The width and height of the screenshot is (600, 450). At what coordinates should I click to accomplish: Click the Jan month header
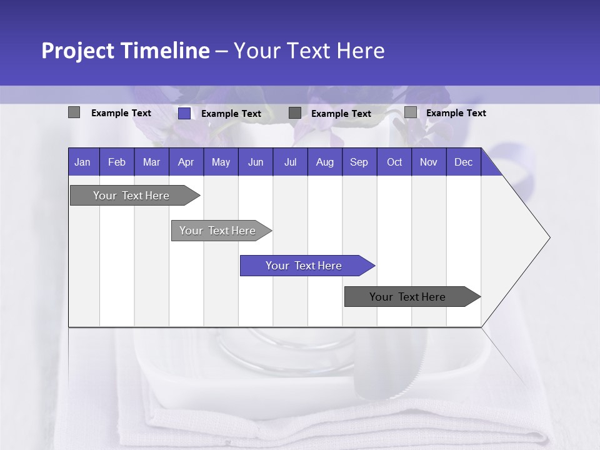[x=83, y=162]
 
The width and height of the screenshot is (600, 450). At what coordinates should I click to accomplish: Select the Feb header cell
[x=117, y=162]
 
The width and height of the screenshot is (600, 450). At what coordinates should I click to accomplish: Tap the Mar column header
[x=151, y=162]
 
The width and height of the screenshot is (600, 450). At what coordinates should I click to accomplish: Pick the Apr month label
[x=186, y=162]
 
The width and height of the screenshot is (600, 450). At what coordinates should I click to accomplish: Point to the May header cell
[x=221, y=162]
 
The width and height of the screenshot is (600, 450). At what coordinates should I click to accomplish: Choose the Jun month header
[x=256, y=162]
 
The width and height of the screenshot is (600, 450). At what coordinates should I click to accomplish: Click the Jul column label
[x=290, y=162]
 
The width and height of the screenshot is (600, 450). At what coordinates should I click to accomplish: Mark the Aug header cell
[x=325, y=162]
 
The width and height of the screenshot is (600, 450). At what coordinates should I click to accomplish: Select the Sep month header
[x=359, y=162]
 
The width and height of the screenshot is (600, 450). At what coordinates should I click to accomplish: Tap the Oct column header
[x=394, y=162]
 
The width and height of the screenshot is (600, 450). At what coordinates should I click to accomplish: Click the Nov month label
[x=429, y=162]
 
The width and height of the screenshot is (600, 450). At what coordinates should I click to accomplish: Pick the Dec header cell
[x=464, y=162]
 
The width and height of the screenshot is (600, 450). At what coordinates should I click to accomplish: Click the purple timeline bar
[x=304, y=266]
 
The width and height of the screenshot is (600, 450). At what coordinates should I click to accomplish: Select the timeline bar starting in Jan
[x=132, y=196]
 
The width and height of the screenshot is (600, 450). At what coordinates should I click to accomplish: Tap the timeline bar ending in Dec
[x=408, y=297]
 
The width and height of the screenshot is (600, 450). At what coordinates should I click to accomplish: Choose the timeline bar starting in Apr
[x=218, y=231]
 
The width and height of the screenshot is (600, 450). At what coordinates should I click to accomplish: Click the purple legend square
[x=184, y=113]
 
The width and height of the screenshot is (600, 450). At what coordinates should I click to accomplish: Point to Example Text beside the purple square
[x=231, y=114]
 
